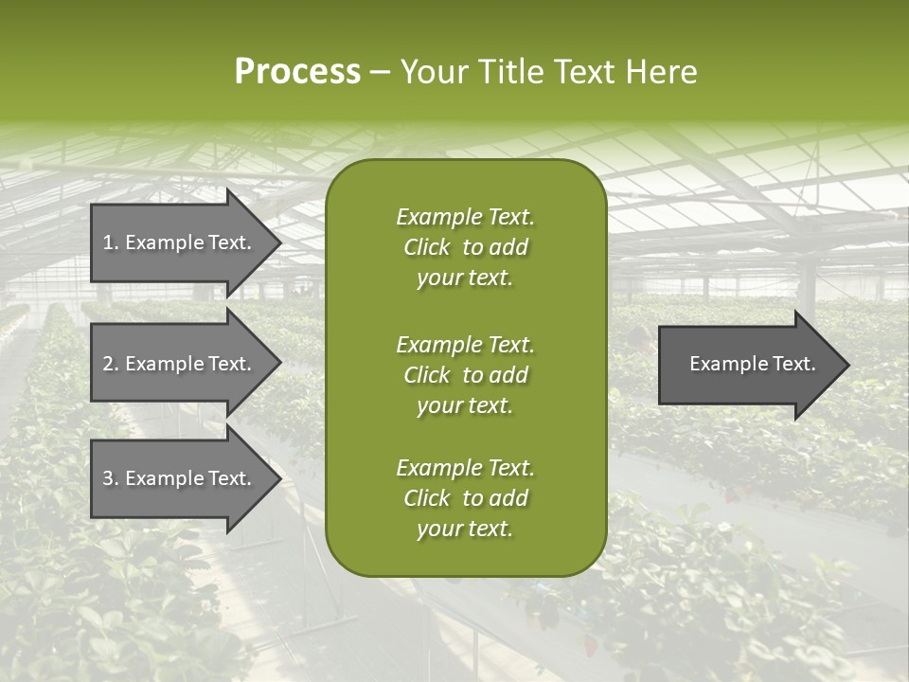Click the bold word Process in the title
tap(297, 72)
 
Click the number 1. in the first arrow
tap(111, 242)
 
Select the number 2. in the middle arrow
tap(111, 364)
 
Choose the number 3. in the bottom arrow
tap(111, 478)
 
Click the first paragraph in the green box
tap(465, 247)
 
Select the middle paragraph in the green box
tap(465, 375)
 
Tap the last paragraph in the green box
tap(465, 498)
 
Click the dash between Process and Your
tap(380, 72)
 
